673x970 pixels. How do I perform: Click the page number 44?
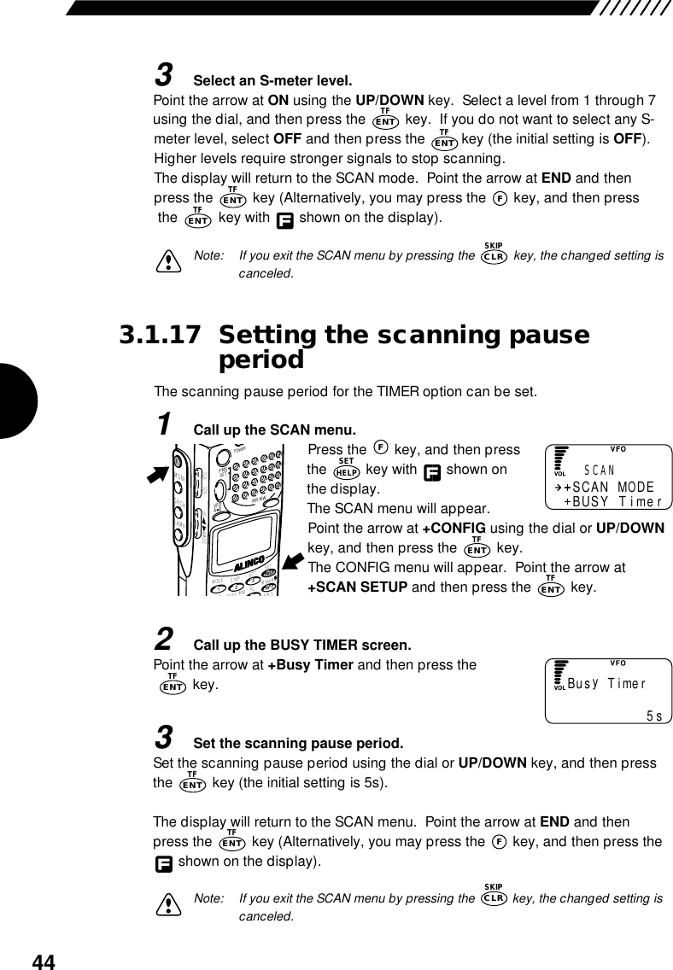[x=44, y=962]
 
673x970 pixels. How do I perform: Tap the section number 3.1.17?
[x=162, y=335]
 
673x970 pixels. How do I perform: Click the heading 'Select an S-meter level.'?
[x=272, y=82]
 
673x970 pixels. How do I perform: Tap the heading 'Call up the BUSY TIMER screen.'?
[x=302, y=643]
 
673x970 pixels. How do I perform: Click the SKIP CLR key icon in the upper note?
[x=495, y=254]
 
